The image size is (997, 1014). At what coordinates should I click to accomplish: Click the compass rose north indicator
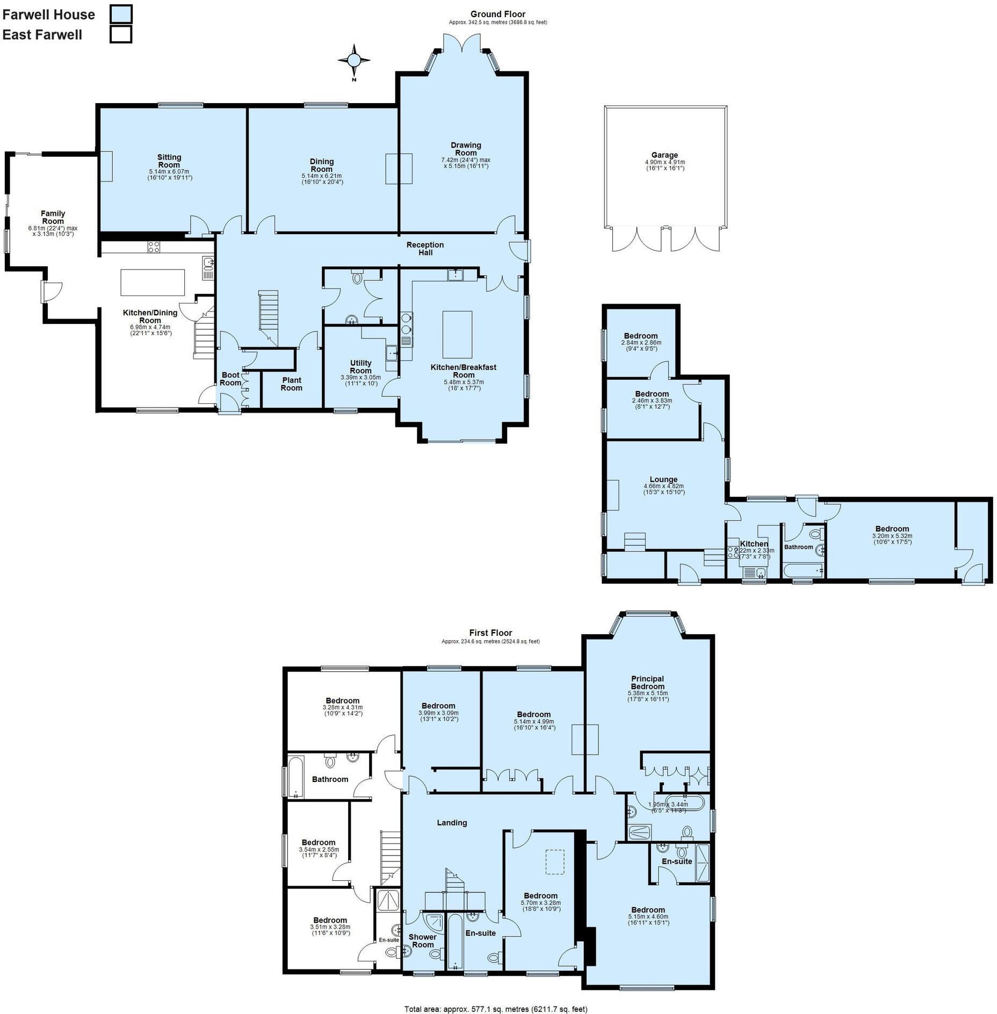click(x=354, y=60)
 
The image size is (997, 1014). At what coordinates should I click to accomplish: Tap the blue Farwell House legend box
click(x=121, y=14)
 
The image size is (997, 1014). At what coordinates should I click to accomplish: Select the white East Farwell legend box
click(x=121, y=34)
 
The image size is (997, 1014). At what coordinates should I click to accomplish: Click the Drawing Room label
click(x=466, y=149)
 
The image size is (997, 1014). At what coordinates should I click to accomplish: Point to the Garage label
click(x=664, y=155)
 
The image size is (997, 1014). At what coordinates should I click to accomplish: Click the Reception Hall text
click(x=425, y=249)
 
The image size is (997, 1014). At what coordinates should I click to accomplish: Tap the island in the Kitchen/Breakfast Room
click(x=457, y=334)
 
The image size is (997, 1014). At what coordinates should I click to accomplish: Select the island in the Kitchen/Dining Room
click(x=153, y=283)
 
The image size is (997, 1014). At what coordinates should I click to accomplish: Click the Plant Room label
click(x=292, y=384)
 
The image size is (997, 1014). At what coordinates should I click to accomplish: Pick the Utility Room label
click(x=360, y=367)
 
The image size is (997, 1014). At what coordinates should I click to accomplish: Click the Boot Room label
click(x=230, y=379)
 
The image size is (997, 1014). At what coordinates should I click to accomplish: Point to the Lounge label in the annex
click(x=663, y=480)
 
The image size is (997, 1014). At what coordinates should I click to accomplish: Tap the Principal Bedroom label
click(x=647, y=683)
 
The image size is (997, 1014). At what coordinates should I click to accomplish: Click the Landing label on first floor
click(x=452, y=823)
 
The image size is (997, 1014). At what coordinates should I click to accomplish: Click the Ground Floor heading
click(x=497, y=15)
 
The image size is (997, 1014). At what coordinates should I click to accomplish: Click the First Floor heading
click(x=490, y=633)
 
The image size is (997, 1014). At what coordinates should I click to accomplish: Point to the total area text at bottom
click(x=495, y=1009)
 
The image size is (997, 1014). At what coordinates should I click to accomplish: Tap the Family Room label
click(x=53, y=218)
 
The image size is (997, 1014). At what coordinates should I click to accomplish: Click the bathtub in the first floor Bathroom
click(x=295, y=777)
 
